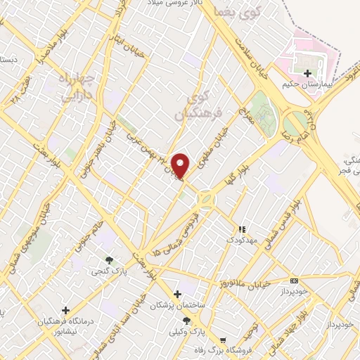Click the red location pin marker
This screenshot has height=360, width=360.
click(x=181, y=165)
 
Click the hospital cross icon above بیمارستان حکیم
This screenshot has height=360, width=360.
click(x=307, y=72)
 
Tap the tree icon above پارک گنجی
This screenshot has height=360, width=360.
click(x=108, y=258)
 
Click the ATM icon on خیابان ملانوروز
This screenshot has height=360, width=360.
click(x=293, y=279)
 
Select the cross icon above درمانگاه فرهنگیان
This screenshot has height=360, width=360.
click(x=65, y=309)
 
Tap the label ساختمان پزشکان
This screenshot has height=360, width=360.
click(x=181, y=303)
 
